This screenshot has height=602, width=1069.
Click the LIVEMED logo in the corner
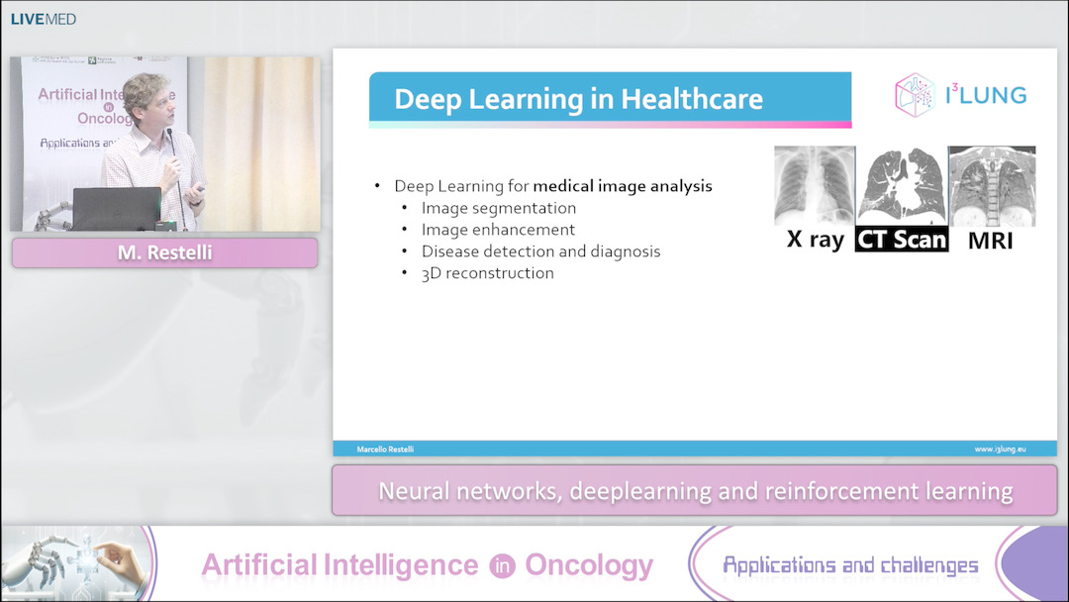click(43, 19)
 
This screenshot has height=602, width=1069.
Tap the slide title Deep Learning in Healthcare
click(578, 99)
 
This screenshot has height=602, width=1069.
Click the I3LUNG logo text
click(985, 95)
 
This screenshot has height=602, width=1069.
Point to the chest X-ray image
click(815, 186)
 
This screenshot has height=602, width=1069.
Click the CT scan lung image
click(902, 186)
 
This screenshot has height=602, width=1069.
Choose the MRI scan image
click(991, 186)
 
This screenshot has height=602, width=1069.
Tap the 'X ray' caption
click(815, 239)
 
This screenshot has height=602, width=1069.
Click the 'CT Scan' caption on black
click(902, 239)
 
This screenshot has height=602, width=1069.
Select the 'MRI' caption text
click(991, 240)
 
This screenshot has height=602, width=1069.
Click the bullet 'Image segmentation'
click(498, 208)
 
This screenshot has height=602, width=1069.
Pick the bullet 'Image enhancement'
click(498, 230)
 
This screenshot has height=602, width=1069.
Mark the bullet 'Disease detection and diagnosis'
click(540, 251)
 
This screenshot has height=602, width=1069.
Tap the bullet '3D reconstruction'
click(487, 273)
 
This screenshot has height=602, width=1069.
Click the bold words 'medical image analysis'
click(623, 186)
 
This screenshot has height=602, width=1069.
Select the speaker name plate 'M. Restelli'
click(164, 253)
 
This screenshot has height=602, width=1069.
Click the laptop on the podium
click(117, 208)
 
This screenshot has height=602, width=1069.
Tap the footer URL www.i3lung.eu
click(1000, 450)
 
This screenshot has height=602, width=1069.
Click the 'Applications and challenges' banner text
click(850, 565)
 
